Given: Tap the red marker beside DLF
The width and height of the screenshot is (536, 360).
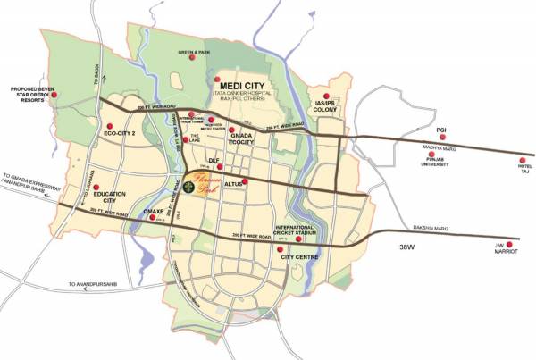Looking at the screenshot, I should [220, 167].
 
